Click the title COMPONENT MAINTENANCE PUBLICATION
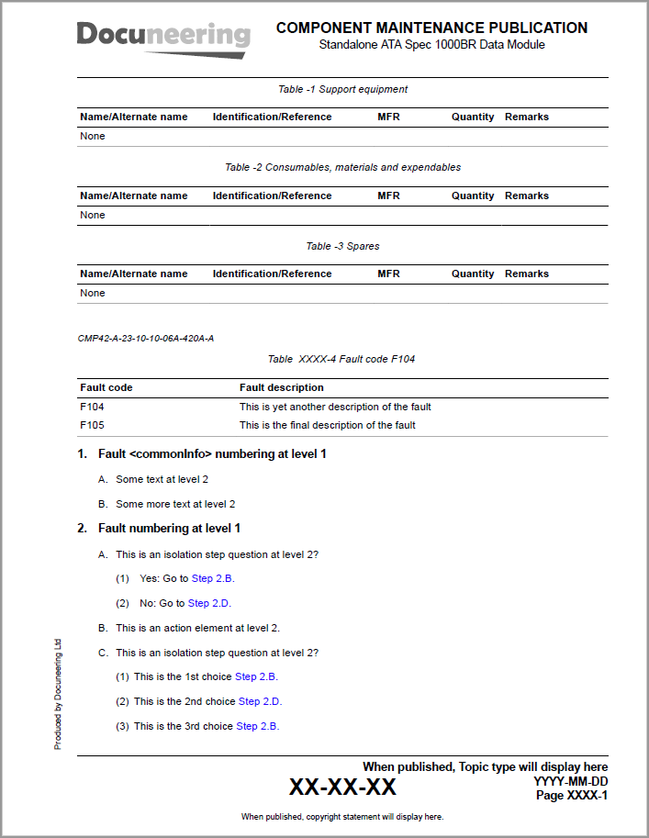point(431,28)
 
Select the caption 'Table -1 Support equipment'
point(342,89)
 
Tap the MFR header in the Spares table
point(388,274)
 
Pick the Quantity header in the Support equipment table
point(473,117)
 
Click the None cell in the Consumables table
point(93,215)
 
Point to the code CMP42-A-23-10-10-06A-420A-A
point(146,339)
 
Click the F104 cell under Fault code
point(92,407)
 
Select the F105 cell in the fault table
point(92,425)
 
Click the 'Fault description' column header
point(281,387)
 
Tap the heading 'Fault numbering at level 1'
point(169,528)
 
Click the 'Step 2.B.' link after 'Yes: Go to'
point(213,578)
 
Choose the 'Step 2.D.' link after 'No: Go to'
point(209,603)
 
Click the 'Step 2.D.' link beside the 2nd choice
point(260,701)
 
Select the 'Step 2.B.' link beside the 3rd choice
point(257,726)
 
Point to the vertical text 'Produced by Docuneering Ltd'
point(58,694)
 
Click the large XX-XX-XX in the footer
point(342,788)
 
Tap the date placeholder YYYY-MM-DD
point(570,781)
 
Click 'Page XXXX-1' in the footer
point(571,796)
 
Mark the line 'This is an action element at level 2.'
point(197,628)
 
